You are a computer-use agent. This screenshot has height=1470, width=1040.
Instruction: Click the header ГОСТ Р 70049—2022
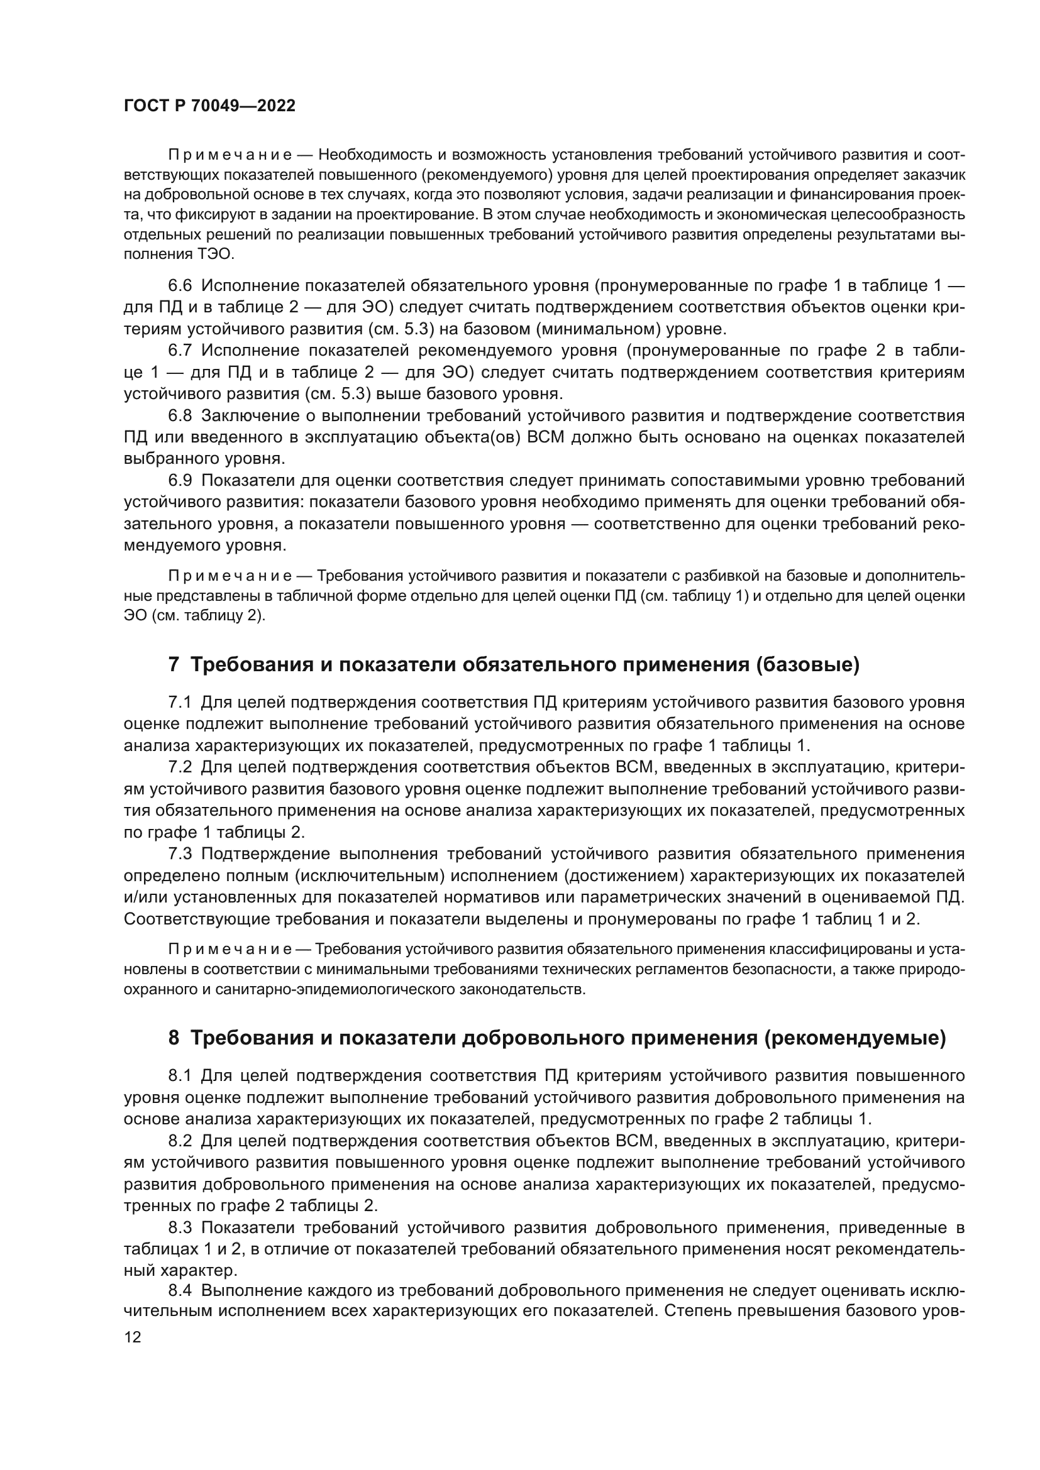[209, 106]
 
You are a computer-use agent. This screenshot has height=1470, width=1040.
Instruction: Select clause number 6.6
[180, 285]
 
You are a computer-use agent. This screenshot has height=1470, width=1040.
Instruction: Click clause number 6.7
[180, 350]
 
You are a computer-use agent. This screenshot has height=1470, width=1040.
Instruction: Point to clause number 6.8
[180, 415]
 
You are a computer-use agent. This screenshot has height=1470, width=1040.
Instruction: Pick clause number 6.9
[180, 481]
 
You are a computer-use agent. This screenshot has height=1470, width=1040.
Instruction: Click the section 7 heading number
[174, 665]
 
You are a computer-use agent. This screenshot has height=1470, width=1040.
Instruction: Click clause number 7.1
[180, 703]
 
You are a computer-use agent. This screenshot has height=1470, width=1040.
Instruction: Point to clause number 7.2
[180, 767]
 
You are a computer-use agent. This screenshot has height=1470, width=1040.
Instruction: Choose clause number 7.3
[180, 854]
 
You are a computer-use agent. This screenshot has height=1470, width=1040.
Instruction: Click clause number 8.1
[180, 1075]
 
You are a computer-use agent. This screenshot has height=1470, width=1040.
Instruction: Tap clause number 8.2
[180, 1140]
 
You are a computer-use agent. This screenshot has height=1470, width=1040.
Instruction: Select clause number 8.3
[180, 1227]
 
